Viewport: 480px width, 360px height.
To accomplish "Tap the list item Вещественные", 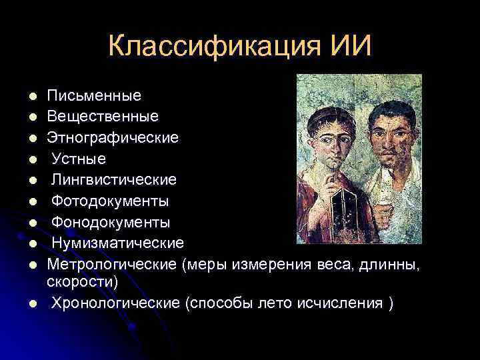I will [x=103, y=117].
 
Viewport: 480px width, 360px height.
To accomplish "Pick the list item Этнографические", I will [x=113, y=138].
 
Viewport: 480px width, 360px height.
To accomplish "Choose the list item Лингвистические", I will [x=114, y=179].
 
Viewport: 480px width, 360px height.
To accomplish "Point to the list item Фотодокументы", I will [x=110, y=201].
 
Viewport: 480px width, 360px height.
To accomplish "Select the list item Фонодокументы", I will [x=111, y=221].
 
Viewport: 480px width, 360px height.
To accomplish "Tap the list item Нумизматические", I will [x=118, y=242].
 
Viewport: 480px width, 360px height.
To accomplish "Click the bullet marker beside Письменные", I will [x=31, y=97].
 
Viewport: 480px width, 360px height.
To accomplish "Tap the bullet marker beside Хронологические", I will [x=31, y=304].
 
